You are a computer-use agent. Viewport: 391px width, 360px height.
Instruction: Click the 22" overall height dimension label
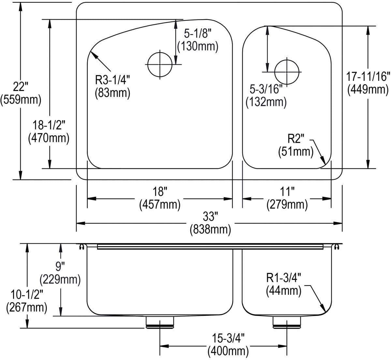[21, 87]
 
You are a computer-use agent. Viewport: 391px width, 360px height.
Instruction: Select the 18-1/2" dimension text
[49, 125]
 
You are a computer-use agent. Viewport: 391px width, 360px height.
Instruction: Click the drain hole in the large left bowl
[160, 64]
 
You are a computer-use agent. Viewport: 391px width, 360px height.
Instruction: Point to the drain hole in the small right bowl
[287, 72]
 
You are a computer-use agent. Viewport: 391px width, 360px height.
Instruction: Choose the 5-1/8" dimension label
[198, 34]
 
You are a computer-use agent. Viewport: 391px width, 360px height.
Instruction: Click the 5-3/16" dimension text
[266, 89]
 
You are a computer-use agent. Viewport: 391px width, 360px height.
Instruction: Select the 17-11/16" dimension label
[368, 77]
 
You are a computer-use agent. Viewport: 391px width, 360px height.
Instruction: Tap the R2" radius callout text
[296, 139]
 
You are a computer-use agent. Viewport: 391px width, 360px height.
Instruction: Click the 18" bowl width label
[160, 191]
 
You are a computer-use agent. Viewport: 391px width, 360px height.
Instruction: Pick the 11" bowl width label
[287, 191]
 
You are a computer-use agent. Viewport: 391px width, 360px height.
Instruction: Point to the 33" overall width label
[210, 217]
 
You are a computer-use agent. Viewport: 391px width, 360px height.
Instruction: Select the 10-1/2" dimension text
[27, 294]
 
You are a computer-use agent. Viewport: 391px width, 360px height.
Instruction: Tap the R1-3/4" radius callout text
[283, 277]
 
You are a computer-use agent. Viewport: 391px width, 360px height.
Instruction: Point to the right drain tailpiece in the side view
[287, 323]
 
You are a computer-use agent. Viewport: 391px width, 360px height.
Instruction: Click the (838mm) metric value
[210, 230]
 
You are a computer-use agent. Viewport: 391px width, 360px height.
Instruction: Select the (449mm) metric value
[368, 90]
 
